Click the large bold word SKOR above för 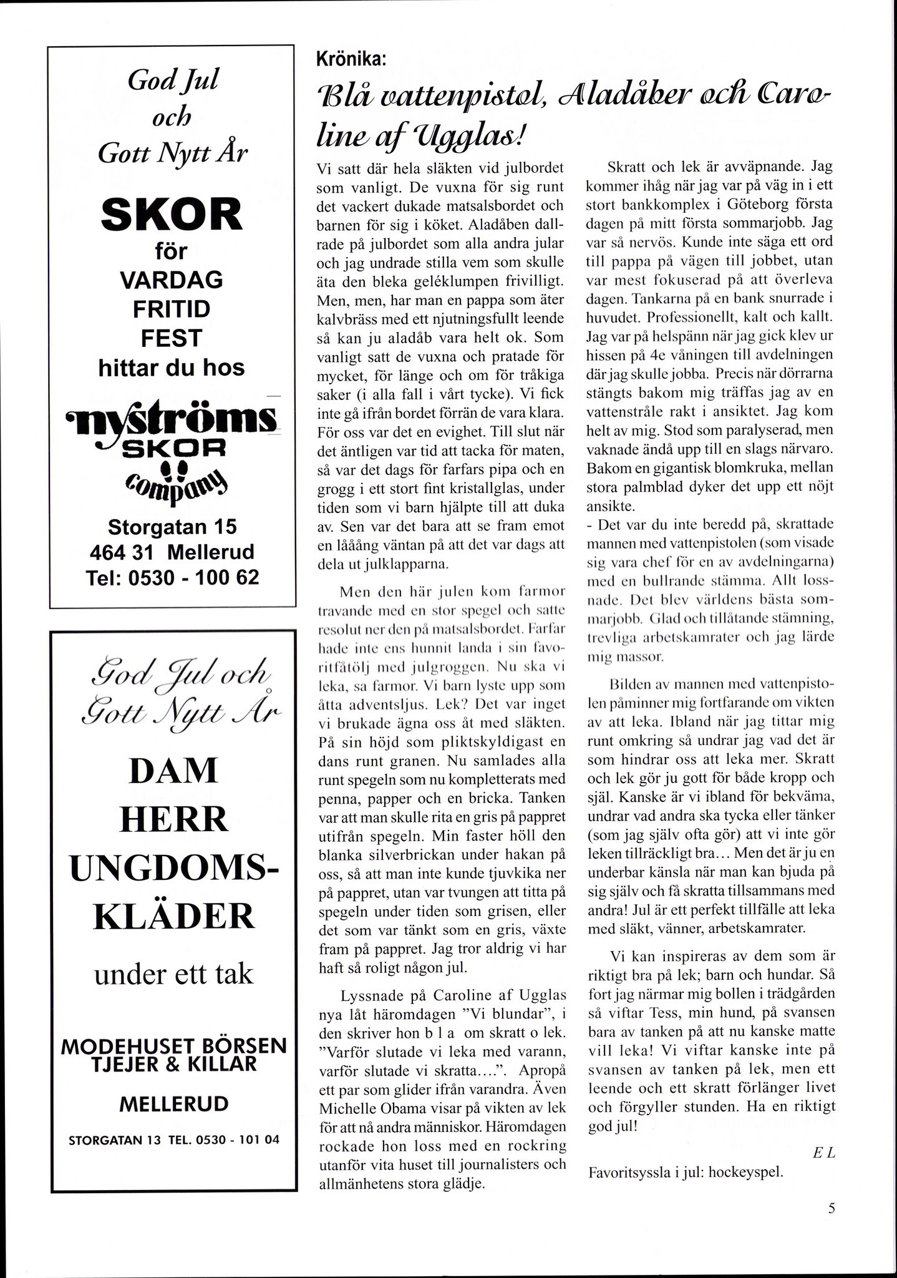coord(171,214)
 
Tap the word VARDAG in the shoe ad coord(171,280)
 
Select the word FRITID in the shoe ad coord(171,309)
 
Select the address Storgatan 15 coord(172,527)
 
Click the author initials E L coord(823,1154)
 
